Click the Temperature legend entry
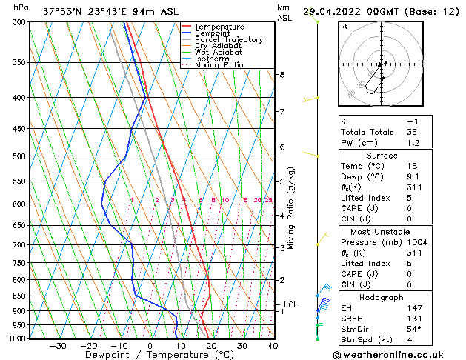pyautogui.click(x=219, y=27)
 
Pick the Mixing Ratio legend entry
pyautogui.click(x=219, y=65)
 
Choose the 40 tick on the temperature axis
pyautogui.click(x=273, y=346)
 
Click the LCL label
pyautogui.click(x=290, y=304)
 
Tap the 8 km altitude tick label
pyautogui.click(x=282, y=75)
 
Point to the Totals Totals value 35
pyautogui.click(x=412, y=131)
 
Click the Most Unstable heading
pyautogui.click(x=380, y=232)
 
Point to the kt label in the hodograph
pyautogui.click(x=344, y=27)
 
